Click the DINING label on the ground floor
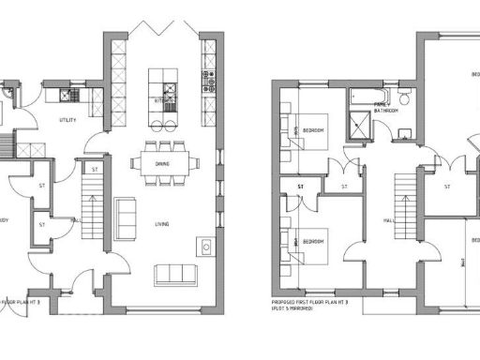[163, 164]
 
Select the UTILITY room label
[67, 121]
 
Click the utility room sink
[67, 95]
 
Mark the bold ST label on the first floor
[301, 187]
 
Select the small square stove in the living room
[205, 246]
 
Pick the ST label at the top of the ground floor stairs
[95, 169]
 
